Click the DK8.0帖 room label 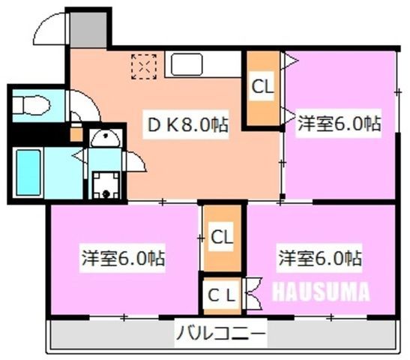tap(187, 125)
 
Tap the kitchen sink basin tap(187, 64)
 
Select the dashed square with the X tap(144, 67)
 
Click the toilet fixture tap(31, 105)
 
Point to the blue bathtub tap(28, 172)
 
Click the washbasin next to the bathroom tap(105, 137)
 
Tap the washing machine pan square tap(106, 185)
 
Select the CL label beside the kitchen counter tap(262, 86)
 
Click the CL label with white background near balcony tap(221, 295)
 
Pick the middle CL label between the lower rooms tap(222, 237)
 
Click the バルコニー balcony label tap(221, 333)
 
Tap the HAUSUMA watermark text tap(321, 291)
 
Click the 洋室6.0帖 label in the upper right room tap(339, 123)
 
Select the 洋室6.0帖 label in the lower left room tap(123, 258)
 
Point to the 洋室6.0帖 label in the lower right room tap(320, 258)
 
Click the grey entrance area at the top tap(88, 29)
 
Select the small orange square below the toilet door tap(76, 134)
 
